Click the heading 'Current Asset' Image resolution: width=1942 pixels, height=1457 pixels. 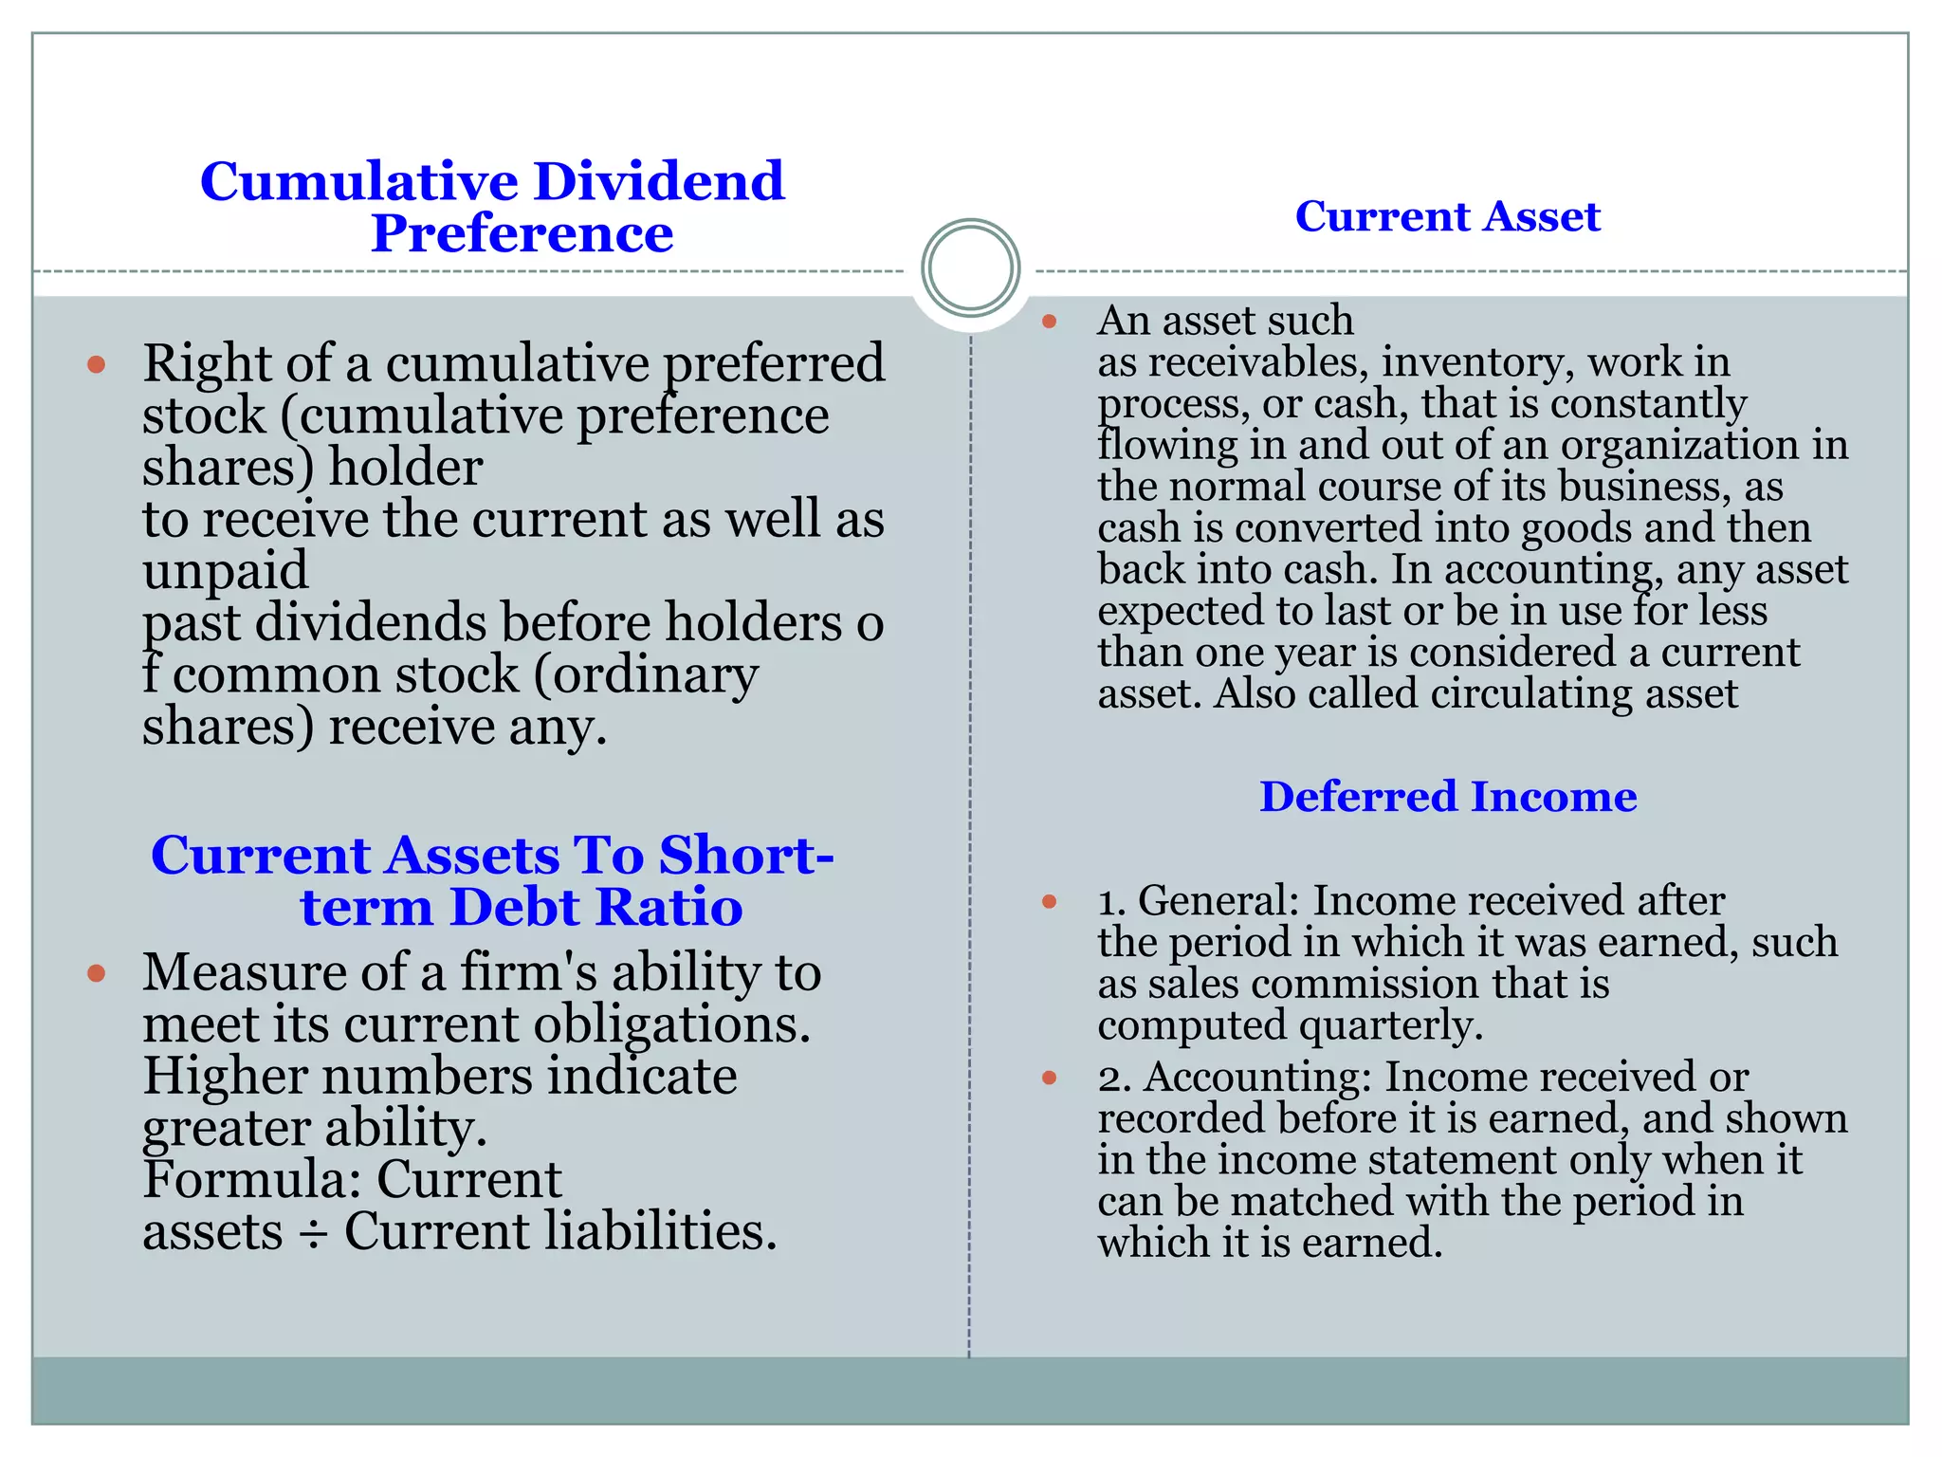point(1447,216)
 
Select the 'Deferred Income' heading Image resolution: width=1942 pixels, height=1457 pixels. point(1447,796)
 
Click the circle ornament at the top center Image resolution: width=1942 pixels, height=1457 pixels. point(970,267)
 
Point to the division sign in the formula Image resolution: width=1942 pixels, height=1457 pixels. point(313,1234)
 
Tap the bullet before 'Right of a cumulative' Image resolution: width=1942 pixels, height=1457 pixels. point(96,364)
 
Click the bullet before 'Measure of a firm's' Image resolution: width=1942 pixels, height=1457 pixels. point(96,973)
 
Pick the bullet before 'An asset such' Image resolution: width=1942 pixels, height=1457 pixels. point(1049,322)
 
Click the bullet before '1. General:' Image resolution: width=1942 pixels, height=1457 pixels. point(1049,901)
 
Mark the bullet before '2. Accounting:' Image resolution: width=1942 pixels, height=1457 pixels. point(1049,1078)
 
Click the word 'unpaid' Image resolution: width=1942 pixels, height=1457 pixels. point(226,570)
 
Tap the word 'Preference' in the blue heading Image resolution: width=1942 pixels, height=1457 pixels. point(522,233)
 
